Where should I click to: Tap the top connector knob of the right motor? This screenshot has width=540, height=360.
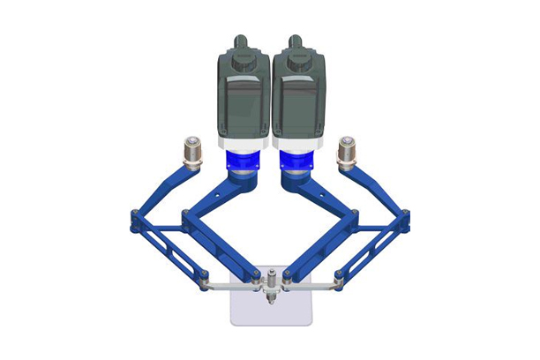coord(297,40)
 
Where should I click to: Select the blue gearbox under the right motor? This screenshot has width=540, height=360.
coord(297,161)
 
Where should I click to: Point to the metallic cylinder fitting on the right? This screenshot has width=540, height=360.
coord(347,151)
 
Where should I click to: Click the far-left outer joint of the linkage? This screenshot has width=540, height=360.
coord(134,221)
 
